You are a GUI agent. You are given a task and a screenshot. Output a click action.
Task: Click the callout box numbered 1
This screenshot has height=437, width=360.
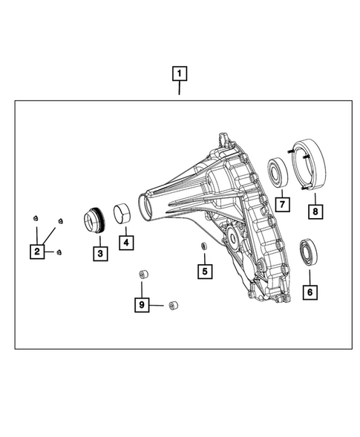tap(179, 73)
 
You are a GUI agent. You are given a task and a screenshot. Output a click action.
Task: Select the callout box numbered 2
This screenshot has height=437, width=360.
tap(37, 252)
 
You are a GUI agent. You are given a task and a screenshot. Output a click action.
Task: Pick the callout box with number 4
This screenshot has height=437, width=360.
tap(127, 242)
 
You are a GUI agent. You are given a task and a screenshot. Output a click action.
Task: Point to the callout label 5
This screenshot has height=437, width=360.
tap(203, 272)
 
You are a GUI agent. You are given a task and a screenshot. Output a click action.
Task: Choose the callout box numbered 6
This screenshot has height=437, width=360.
tap(309, 292)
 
